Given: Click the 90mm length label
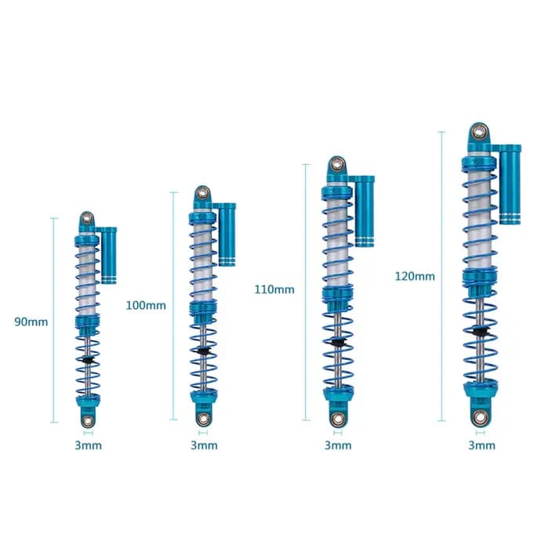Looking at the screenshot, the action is pyautogui.click(x=31, y=322).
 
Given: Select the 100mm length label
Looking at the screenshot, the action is pyautogui.click(x=146, y=305).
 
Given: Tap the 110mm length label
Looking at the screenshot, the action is pyautogui.click(x=274, y=289).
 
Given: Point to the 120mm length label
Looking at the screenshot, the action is pyautogui.click(x=415, y=276).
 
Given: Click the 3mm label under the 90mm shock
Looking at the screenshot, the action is pyautogui.click(x=88, y=445).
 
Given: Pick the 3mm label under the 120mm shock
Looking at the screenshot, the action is pyautogui.click(x=482, y=445).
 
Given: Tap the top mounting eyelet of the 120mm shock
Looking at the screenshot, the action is pyautogui.click(x=478, y=132).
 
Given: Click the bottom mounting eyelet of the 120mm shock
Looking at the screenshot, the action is pyautogui.click(x=480, y=417).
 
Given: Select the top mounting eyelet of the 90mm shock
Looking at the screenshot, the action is pyautogui.click(x=86, y=219).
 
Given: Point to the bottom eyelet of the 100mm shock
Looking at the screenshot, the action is pyautogui.click(x=202, y=419).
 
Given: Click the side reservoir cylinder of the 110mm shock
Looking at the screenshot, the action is pyautogui.click(x=365, y=211).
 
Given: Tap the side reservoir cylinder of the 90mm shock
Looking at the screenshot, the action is pyautogui.click(x=109, y=255).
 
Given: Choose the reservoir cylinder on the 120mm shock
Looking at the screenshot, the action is pyautogui.click(x=510, y=184).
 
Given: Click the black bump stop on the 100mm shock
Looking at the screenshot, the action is pyautogui.click(x=202, y=350).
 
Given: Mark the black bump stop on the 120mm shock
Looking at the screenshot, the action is pyautogui.click(x=479, y=330).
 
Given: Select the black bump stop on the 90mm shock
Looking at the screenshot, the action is pyautogui.click(x=86, y=359).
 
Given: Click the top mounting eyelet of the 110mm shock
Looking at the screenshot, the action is pyautogui.click(x=336, y=164).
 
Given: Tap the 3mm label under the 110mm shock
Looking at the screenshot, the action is pyautogui.click(x=338, y=445).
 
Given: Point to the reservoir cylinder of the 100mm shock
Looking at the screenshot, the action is pyautogui.click(x=227, y=235).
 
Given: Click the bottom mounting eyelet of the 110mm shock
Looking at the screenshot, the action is pyautogui.click(x=337, y=418).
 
